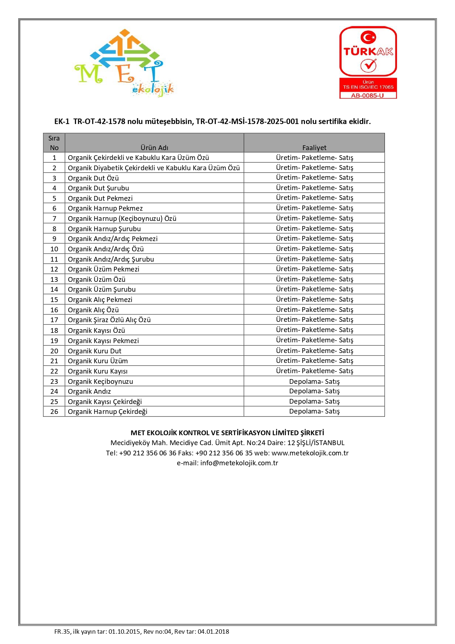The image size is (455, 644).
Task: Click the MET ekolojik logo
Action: tap(124, 63)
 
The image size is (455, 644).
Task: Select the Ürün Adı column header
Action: tap(154, 148)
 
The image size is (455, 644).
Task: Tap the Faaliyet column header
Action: tap(314, 148)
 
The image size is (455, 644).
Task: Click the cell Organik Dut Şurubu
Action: tap(98, 188)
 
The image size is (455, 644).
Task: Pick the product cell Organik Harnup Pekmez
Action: tap(105, 208)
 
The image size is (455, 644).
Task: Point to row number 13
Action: tap(54, 279)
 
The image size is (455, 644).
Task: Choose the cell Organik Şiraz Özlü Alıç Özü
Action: tap(109, 320)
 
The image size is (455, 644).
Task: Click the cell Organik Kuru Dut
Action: tap(95, 351)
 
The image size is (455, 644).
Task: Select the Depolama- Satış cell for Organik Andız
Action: tap(314, 391)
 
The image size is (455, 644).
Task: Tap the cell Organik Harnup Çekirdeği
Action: tap(108, 412)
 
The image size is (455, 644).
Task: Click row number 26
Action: tap(54, 412)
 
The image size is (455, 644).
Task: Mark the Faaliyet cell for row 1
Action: tap(314, 158)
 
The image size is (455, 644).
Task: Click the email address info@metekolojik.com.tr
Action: tap(239, 463)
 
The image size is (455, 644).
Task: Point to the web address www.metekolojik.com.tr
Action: tap(310, 453)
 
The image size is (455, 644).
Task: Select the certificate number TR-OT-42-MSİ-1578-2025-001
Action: tap(247, 121)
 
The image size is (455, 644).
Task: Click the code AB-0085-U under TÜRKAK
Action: tap(367, 96)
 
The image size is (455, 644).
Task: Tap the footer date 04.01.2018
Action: tap(213, 632)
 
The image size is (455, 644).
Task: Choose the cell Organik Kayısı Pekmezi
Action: tap(103, 341)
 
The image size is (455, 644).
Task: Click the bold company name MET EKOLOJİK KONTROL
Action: tap(227, 433)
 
